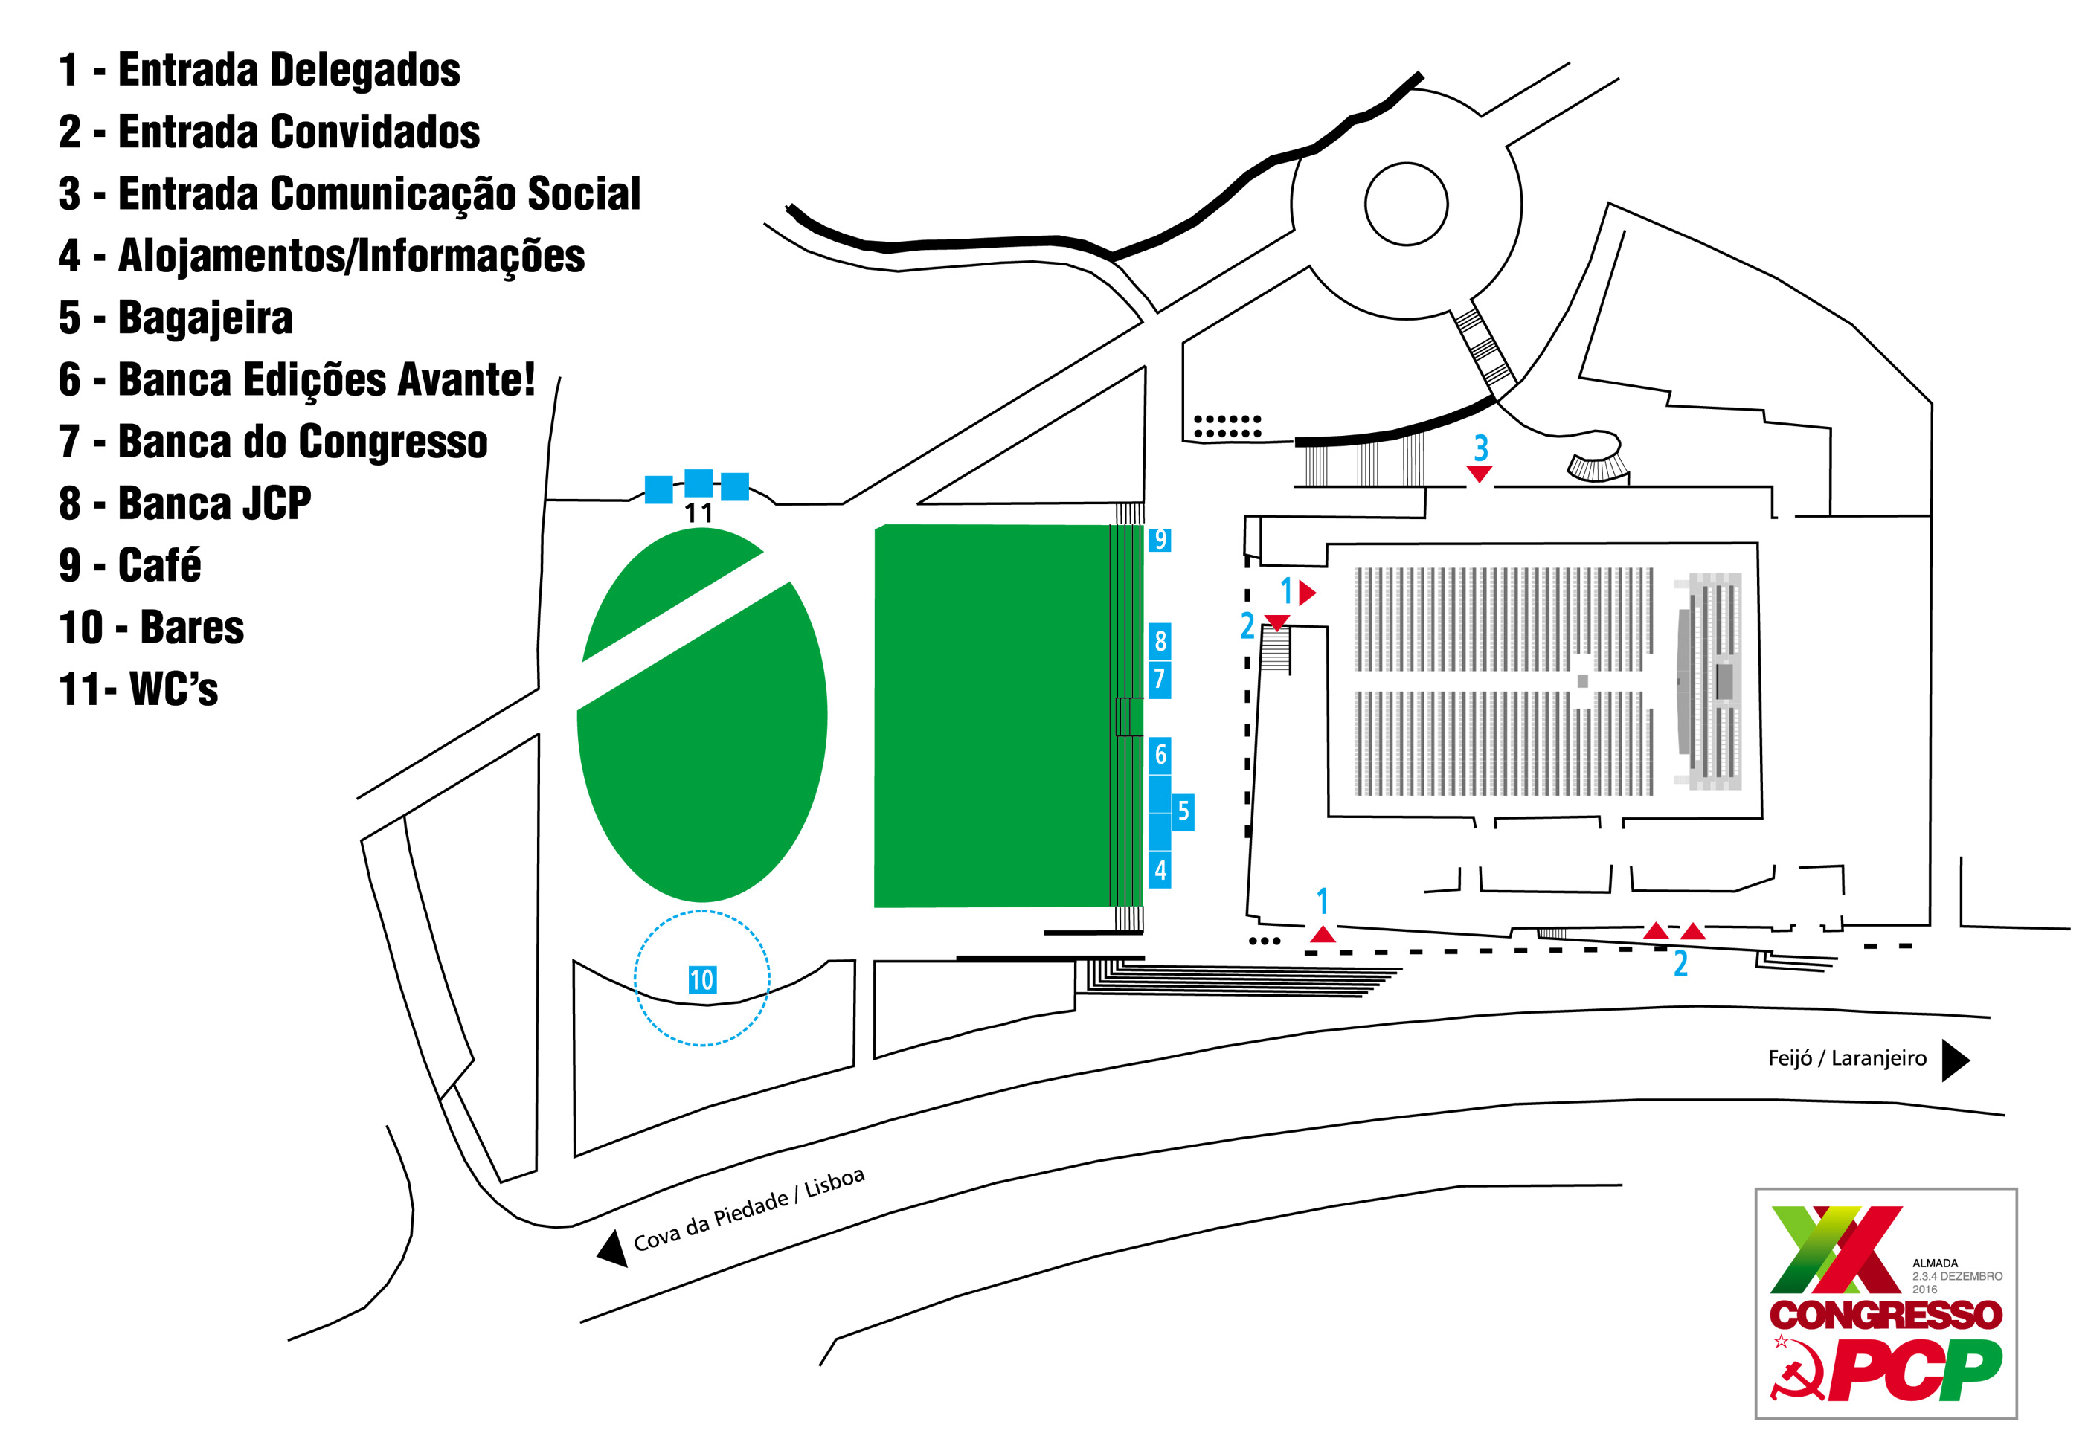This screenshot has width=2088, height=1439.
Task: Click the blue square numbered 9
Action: (x=1159, y=539)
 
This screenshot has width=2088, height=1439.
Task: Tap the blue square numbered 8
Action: (x=1160, y=641)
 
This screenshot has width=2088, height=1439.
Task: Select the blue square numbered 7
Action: (x=1160, y=680)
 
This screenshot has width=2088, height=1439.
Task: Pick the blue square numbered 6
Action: (x=1160, y=755)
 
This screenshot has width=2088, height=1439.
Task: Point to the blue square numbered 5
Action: (x=1183, y=811)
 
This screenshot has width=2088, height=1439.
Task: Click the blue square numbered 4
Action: (x=1160, y=871)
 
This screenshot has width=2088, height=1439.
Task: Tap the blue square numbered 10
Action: (x=701, y=980)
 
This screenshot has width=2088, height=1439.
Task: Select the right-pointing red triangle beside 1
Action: (x=1307, y=593)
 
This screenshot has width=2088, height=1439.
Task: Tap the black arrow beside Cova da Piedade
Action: (x=614, y=1249)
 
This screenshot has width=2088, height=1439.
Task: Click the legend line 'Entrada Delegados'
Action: (x=260, y=71)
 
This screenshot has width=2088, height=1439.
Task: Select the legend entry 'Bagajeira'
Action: (x=176, y=318)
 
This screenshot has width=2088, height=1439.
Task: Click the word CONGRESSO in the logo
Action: (x=1885, y=1315)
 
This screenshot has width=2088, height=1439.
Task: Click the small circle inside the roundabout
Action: (x=1405, y=204)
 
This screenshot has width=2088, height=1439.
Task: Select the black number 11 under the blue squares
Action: (x=698, y=514)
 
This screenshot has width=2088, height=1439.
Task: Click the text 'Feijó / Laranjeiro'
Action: (x=1846, y=1058)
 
